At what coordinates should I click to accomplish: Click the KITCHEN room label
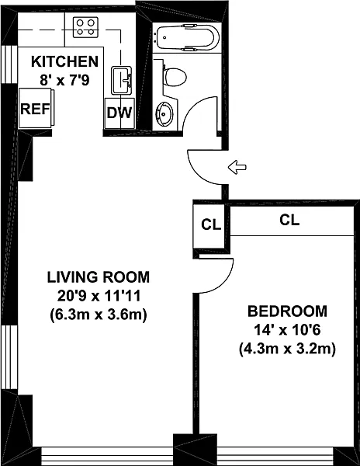click(x=64, y=61)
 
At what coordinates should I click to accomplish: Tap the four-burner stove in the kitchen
click(x=85, y=27)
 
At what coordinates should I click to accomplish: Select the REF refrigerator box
click(x=36, y=109)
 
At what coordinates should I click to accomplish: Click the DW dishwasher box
click(x=119, y=113)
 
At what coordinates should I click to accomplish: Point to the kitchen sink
click(x=122, y=80)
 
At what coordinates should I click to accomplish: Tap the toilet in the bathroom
click(x=175, y=77)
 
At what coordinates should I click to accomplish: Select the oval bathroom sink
click(x=164, y=113)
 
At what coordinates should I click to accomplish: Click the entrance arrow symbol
click(x=237, y=167)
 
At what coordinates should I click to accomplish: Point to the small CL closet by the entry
click(x=211, y=225)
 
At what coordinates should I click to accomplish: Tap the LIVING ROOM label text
click(x=99, y=277)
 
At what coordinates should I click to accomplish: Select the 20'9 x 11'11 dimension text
click(x=99, y=296)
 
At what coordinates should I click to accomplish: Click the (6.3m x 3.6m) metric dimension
click(x=99, y=315)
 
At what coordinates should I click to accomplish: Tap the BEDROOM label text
click(x=287, y=311)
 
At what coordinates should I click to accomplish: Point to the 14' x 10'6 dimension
click(x=287, y=330)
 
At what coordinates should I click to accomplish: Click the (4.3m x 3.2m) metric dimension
click(x=287, y=349)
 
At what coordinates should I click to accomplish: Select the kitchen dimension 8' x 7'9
click(x=64, y=80)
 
